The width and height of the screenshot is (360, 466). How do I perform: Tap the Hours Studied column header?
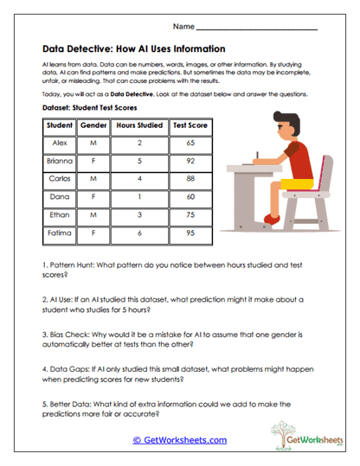pos(139,125)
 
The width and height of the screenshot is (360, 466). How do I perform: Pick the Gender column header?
pos(93,125)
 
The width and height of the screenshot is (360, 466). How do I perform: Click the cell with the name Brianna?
pos(59,161)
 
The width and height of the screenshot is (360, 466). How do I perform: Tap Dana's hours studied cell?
pos(139,197)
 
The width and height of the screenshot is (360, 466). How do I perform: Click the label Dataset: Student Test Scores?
pos(89,109)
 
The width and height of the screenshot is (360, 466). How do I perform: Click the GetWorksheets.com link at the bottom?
pos(179,440)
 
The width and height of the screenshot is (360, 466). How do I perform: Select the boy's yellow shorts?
pos(298,183)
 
